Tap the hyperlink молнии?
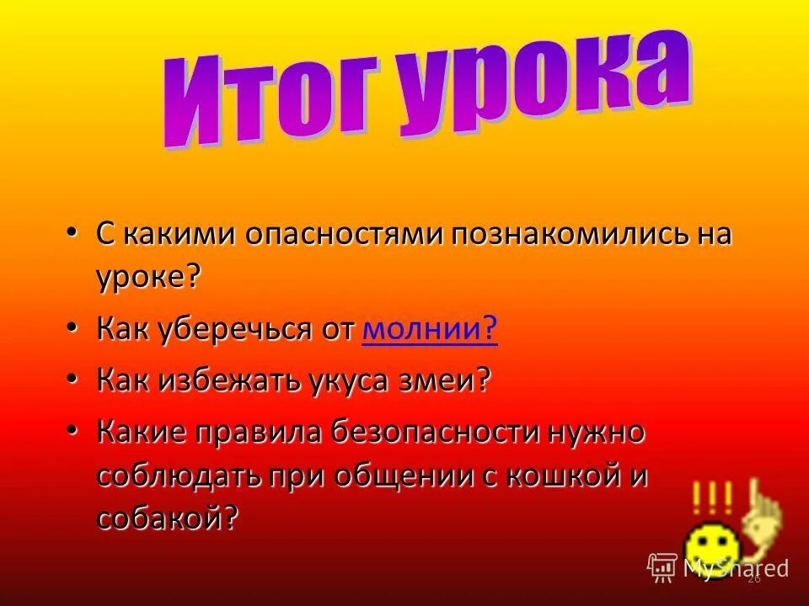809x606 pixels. [x=430, y=331]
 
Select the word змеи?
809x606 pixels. [x=456, y=380]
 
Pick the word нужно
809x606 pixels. [x=597, y=433]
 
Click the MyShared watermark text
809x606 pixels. [x=735, y=568]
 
